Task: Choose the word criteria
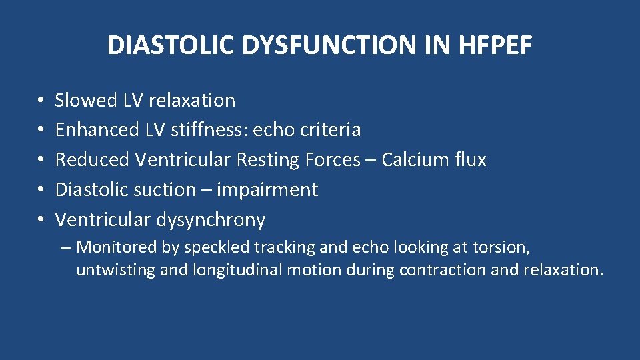[329, 130]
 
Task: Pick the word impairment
[267, 190]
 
